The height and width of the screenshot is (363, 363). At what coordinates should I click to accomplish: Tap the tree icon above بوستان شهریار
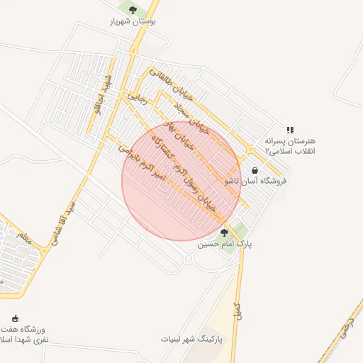point(133,9)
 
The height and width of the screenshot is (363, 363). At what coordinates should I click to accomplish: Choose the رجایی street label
point(136,96)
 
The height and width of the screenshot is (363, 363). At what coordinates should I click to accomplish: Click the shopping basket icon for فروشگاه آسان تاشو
point(255,170)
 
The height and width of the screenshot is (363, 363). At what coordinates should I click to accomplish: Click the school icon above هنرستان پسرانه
point(289,130)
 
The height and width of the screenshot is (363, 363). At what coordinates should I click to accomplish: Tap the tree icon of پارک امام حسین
point(225,232)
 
